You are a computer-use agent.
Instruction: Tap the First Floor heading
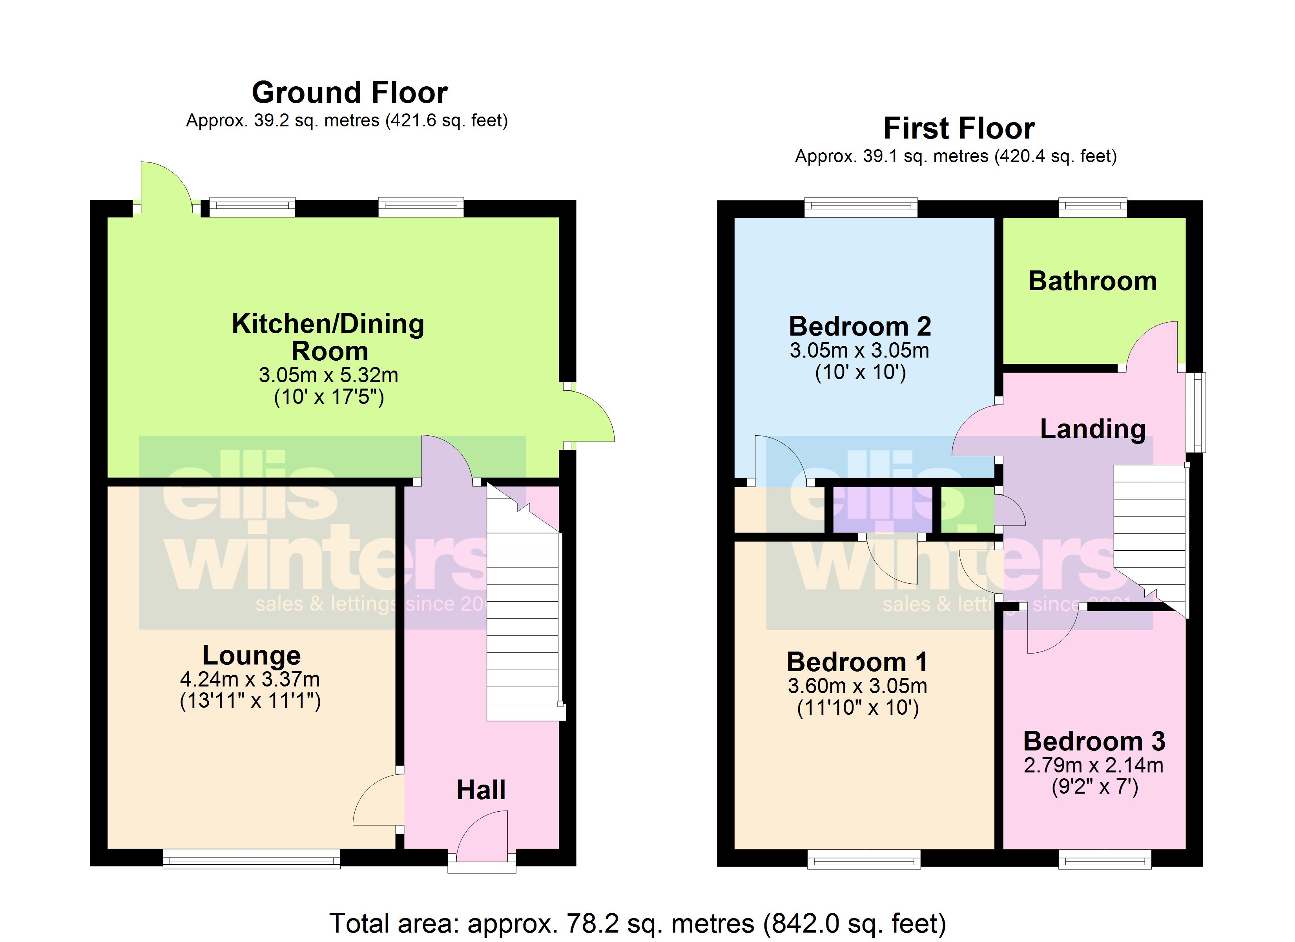tap(959, 128)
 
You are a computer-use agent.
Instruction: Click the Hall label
tap(481, 790)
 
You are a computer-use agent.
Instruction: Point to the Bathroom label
tap(1092, 281)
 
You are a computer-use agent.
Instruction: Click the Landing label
tap(1092, 429)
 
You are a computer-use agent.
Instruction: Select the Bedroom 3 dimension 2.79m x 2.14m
tap(1093, 765)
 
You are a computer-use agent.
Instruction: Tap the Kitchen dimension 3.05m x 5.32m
tap(328, 375)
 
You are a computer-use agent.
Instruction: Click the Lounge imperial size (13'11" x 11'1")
tap(250, 700)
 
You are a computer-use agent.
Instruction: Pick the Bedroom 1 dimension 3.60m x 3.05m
tap(857, 686)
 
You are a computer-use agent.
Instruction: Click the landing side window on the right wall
tap(1196, 413)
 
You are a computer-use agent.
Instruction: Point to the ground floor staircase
tap(522, 606)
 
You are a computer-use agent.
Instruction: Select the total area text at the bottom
tap(638, 923)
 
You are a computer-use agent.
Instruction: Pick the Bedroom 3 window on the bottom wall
tap(1104, 859)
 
